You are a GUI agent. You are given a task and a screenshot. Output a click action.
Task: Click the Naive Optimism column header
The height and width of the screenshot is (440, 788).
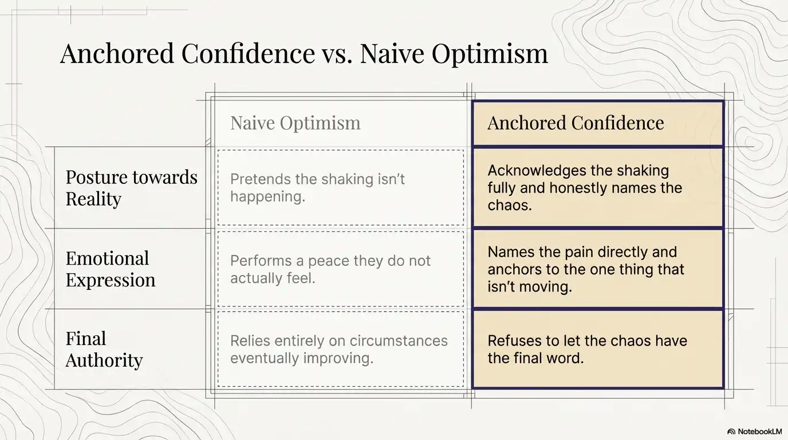pyautogui.click(x=295, y=123)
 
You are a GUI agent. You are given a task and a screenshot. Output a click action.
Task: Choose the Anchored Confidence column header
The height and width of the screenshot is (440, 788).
pyautogui.click(x=576, y=123)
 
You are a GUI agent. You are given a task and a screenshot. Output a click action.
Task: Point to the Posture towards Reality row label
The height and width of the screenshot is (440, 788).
pyautogui.click(x=131, y=188)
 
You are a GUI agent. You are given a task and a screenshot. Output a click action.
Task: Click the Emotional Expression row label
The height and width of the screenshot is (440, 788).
pyautogui.click(x=111, y=269)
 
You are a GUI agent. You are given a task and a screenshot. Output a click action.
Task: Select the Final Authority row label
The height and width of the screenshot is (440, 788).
pyautogui.click(x=104, y=349)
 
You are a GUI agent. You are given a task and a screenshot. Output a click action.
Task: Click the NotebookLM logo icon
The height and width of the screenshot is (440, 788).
pyautogui.click(x=731, y=431)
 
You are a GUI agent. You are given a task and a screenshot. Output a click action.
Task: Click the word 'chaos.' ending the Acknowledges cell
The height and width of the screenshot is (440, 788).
pyautogui.click(x=510, y=205)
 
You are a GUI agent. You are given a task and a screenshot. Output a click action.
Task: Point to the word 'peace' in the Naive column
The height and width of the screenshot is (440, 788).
pyautogui.click(x=329, y=261)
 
